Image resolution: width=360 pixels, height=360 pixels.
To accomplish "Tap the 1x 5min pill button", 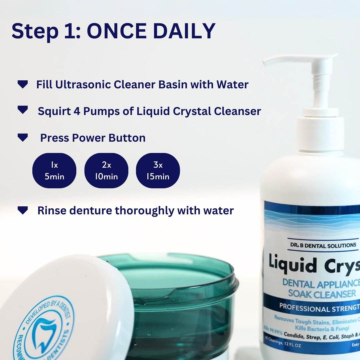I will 54,170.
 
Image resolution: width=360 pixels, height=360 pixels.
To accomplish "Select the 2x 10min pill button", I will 106,170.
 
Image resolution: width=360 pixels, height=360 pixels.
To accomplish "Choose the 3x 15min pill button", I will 158,170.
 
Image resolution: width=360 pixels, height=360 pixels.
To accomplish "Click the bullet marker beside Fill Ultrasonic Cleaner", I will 23,85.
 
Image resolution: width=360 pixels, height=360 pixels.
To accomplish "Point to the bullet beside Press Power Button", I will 23,137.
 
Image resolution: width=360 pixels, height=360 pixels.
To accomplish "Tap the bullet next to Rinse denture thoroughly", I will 23,210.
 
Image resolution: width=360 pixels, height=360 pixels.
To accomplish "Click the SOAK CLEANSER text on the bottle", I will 317,294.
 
